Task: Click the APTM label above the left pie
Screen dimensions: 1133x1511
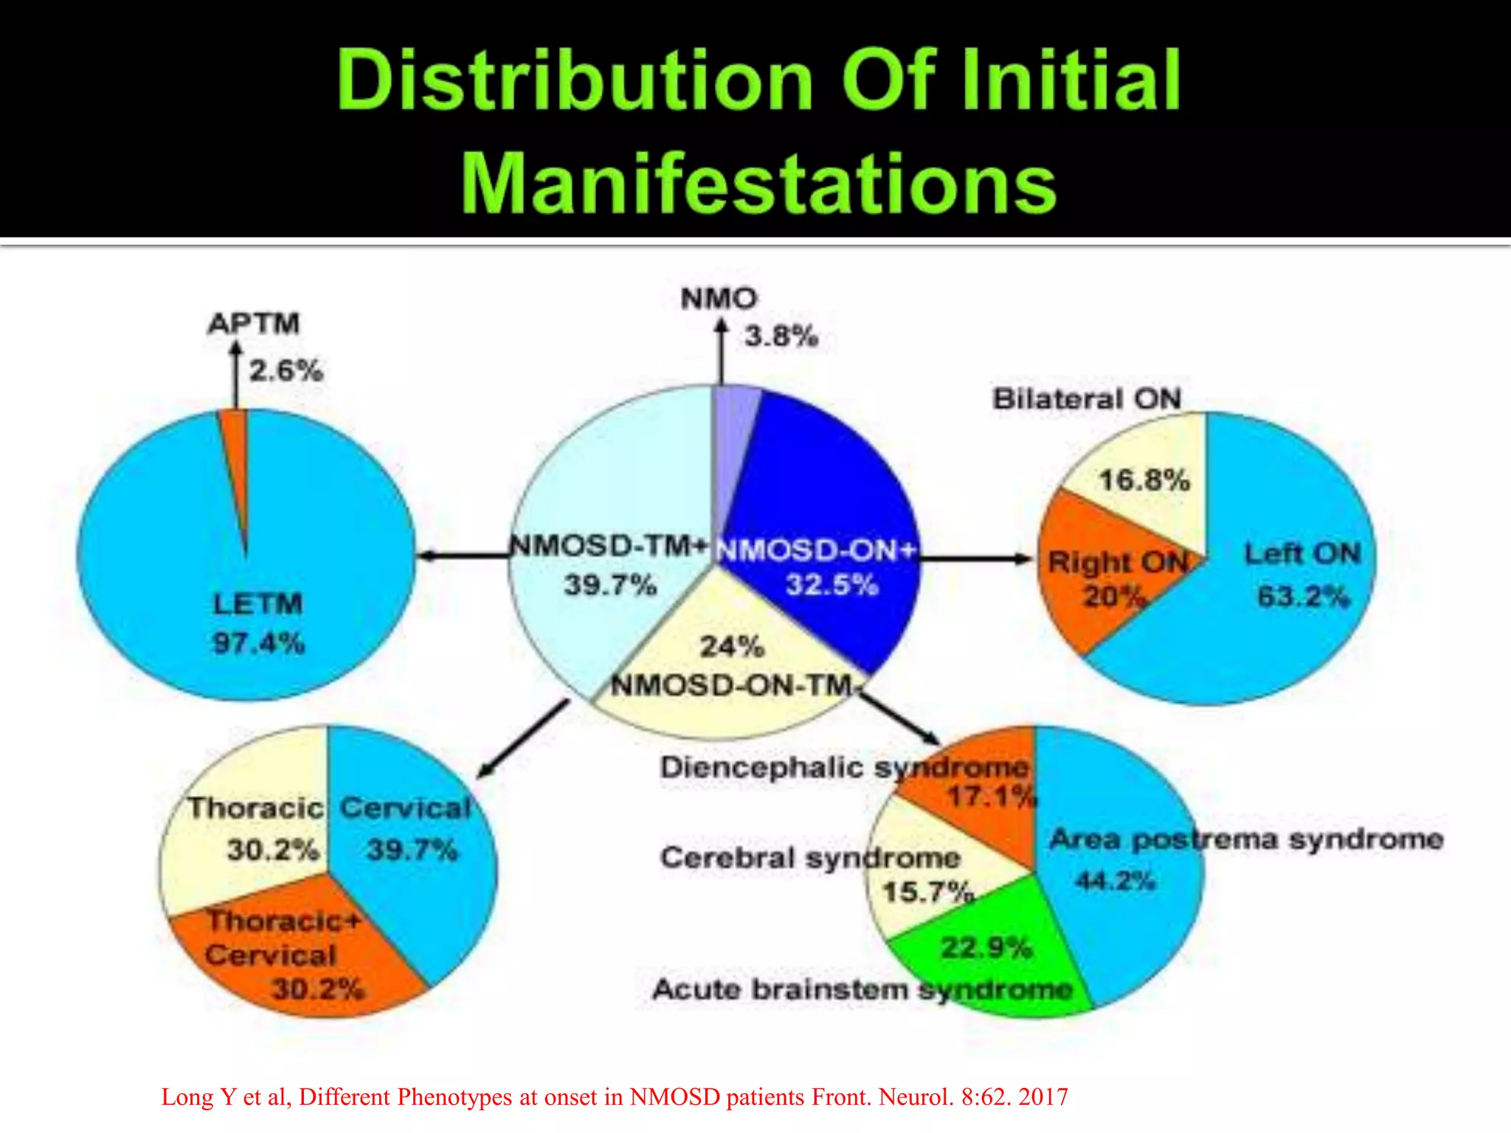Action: coord(254,323)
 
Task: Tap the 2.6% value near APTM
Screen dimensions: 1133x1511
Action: coord(286,370)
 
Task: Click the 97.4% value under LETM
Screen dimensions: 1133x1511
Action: coord(258,643)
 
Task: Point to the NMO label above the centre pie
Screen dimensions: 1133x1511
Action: coord(719,299)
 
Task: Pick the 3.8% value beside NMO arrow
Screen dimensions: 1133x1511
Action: coord(781,336)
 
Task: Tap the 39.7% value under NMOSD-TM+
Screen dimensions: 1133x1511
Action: coord(610,586)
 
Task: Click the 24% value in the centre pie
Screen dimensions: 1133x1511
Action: coord(731,647)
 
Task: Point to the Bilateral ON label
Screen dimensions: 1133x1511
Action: coord(1087,399)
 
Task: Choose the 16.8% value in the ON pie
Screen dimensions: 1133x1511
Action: coord(1144,481)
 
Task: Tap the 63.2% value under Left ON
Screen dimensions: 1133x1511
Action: coord(1303,596)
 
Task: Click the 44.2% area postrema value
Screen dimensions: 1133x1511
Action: coord(1115,881)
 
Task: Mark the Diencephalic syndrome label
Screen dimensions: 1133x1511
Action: coord(843,768)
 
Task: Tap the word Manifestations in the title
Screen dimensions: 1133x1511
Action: coord(758,183)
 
